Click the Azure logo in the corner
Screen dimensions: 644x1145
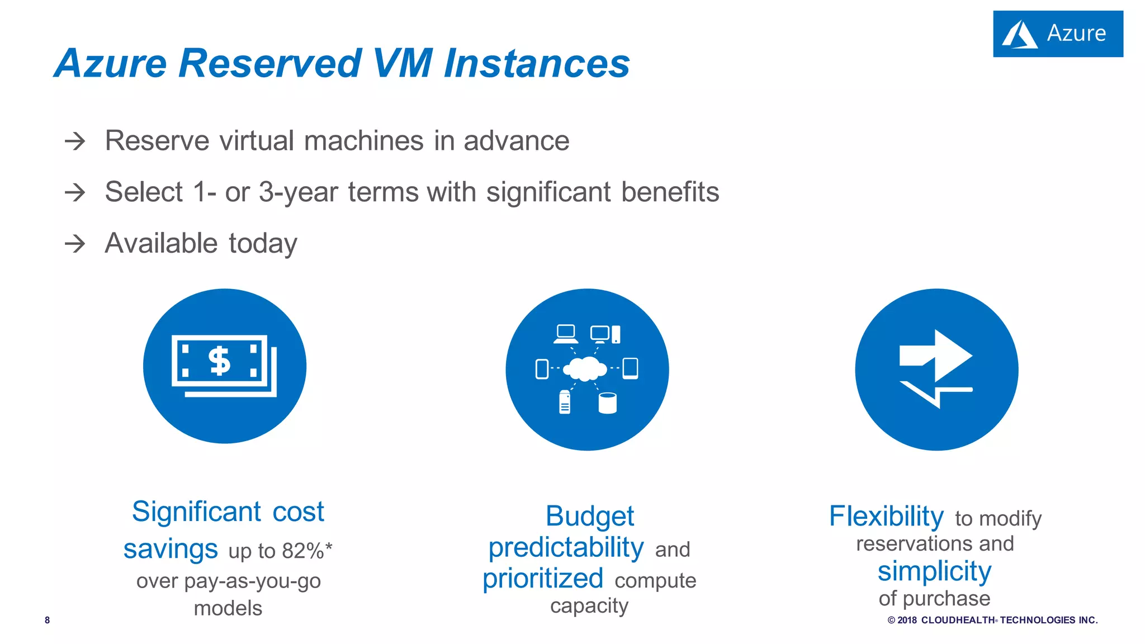1057,34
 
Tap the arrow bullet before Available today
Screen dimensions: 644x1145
75,244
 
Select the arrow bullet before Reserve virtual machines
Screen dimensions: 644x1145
75,141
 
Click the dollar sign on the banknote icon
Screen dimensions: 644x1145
219,361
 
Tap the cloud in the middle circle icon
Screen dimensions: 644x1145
585,368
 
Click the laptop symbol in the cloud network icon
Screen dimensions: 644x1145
566,334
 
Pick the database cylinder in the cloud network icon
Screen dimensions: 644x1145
607,402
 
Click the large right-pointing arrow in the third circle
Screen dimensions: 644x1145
936,356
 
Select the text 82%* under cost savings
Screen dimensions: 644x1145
306,551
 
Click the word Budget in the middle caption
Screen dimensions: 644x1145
589,515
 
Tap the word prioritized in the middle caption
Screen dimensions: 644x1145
542,578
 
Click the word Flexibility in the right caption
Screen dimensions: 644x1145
886,515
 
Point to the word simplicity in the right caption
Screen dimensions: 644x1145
934,571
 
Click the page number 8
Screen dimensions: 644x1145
48,620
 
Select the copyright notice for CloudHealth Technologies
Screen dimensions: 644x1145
992,620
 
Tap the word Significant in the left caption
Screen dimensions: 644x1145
196,512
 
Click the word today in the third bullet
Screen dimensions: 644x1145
263,244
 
